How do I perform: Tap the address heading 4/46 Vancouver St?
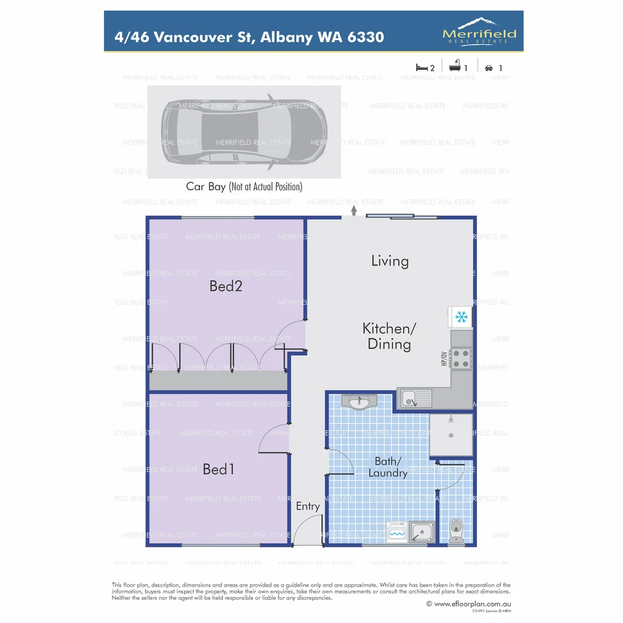(x=250, y=37)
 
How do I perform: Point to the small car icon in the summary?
(x=489, y=67)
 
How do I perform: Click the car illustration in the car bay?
(x=244, y=132)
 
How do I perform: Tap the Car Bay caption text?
(x=244, y=186)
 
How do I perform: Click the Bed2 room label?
(x=226, y=286)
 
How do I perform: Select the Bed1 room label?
(x=219, y=469)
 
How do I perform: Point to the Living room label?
(x=390, y=261)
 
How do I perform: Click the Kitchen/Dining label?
(x=389, y=336)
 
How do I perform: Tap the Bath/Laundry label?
(x=391, y=467)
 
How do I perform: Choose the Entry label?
(x=307, y=506)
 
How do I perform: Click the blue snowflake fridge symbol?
(x=461, y=317)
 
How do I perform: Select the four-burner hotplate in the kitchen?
(x=461, y=358)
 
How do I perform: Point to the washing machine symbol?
(x=397, y=533)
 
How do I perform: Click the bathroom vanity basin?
(x=359, y=401)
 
